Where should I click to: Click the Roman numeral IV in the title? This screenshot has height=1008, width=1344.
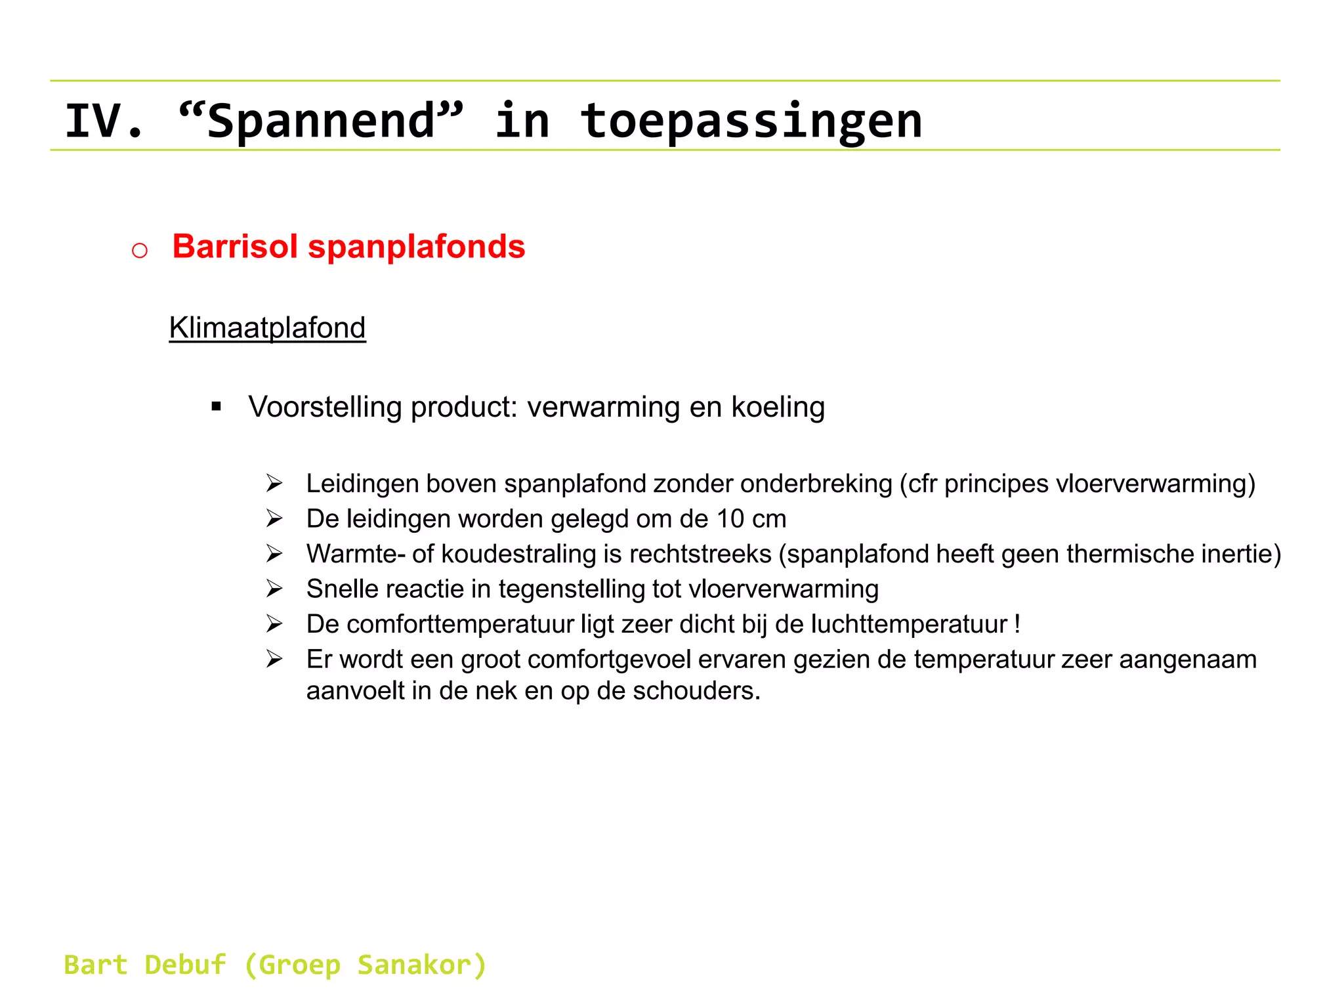95,121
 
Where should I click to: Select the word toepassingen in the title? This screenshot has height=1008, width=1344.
751,121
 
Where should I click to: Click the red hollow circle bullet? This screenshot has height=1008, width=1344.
140,250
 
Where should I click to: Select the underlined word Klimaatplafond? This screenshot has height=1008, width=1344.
267,327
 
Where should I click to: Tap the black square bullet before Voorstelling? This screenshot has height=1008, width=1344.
217,407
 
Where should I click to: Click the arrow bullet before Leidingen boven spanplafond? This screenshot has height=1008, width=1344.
274,484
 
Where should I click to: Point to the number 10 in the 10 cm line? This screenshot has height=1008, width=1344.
730,519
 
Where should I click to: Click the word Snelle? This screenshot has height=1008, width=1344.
342,589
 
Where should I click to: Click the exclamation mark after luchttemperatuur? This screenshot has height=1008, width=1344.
1017,624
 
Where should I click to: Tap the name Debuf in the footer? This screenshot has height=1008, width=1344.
185,965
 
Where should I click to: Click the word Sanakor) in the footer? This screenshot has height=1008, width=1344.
421,965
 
